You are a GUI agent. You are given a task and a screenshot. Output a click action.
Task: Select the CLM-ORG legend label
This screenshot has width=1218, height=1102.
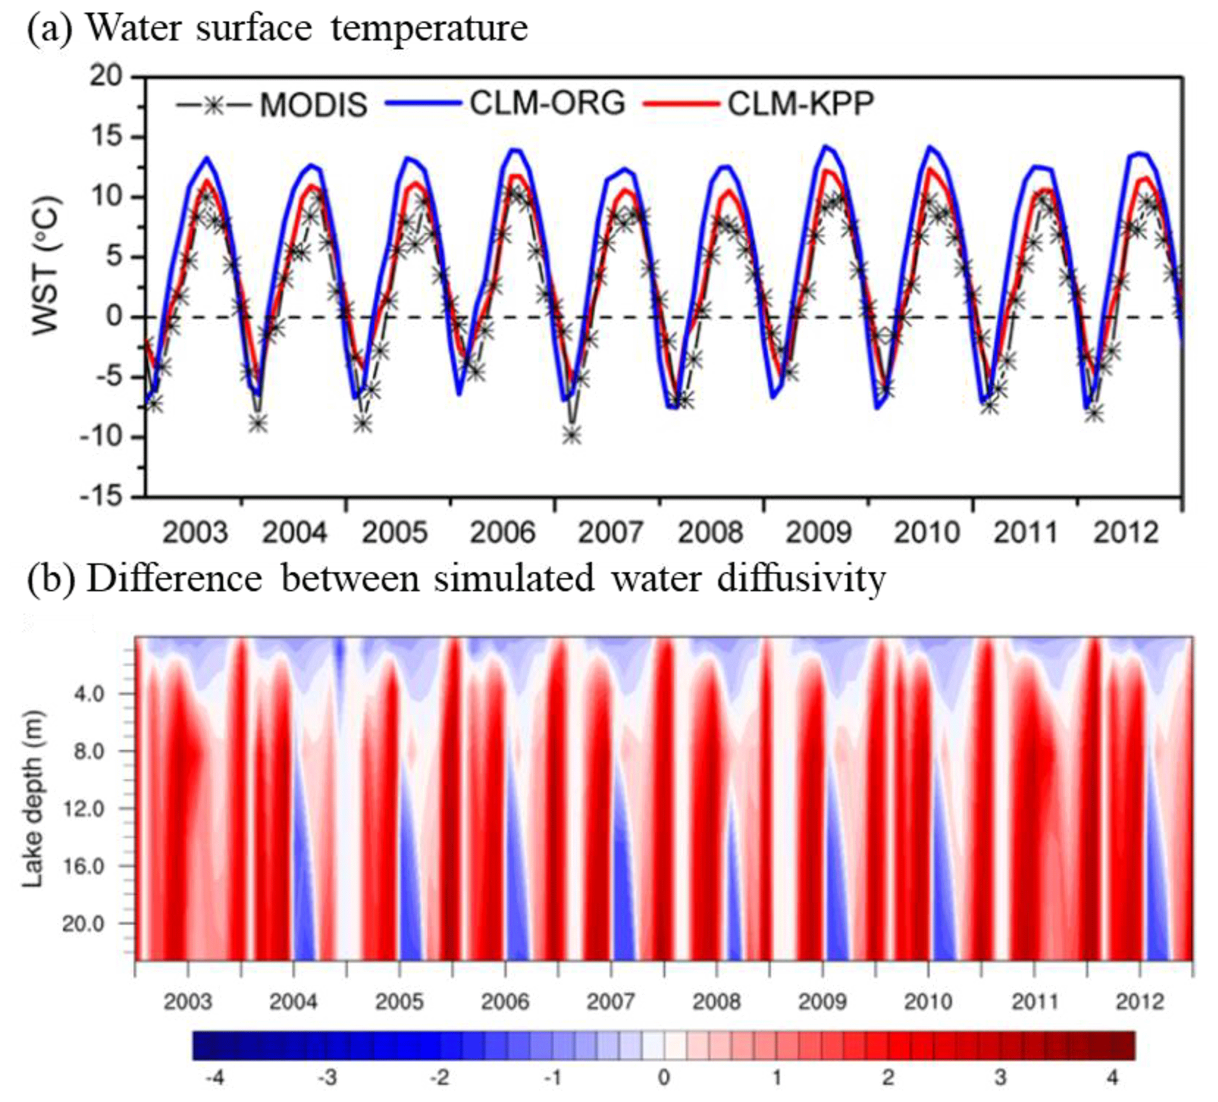point(547,103)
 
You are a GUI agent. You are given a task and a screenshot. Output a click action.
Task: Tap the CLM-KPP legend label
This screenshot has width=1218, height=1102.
point(801,103)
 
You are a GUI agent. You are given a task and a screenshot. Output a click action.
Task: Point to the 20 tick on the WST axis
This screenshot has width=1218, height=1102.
point(105,77)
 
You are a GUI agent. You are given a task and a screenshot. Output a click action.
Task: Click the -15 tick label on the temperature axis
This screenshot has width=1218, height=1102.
point(101,497)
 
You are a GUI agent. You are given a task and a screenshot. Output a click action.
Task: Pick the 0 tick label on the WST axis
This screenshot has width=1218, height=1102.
point(114,316)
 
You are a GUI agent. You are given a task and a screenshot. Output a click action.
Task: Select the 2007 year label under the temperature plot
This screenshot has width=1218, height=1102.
point(610,532)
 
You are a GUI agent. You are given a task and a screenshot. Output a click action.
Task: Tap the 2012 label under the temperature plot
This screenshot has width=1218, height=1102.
point(1125,532)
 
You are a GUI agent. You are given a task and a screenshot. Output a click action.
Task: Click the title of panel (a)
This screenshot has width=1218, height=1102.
point(278,28)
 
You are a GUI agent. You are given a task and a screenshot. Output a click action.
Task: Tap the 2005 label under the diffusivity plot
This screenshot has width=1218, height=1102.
point(399,1002)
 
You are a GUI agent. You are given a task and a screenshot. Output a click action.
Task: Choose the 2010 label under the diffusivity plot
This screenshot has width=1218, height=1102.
point(928,1002)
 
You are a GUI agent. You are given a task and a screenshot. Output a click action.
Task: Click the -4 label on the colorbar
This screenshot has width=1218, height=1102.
point(214,1077)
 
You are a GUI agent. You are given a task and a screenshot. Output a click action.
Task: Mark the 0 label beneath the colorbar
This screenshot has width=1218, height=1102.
point(664,1077)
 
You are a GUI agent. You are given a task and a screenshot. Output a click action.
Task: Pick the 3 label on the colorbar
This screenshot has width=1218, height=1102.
point(1001,1077)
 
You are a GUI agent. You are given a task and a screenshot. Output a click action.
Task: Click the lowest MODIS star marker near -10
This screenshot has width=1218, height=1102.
point(572,435)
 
